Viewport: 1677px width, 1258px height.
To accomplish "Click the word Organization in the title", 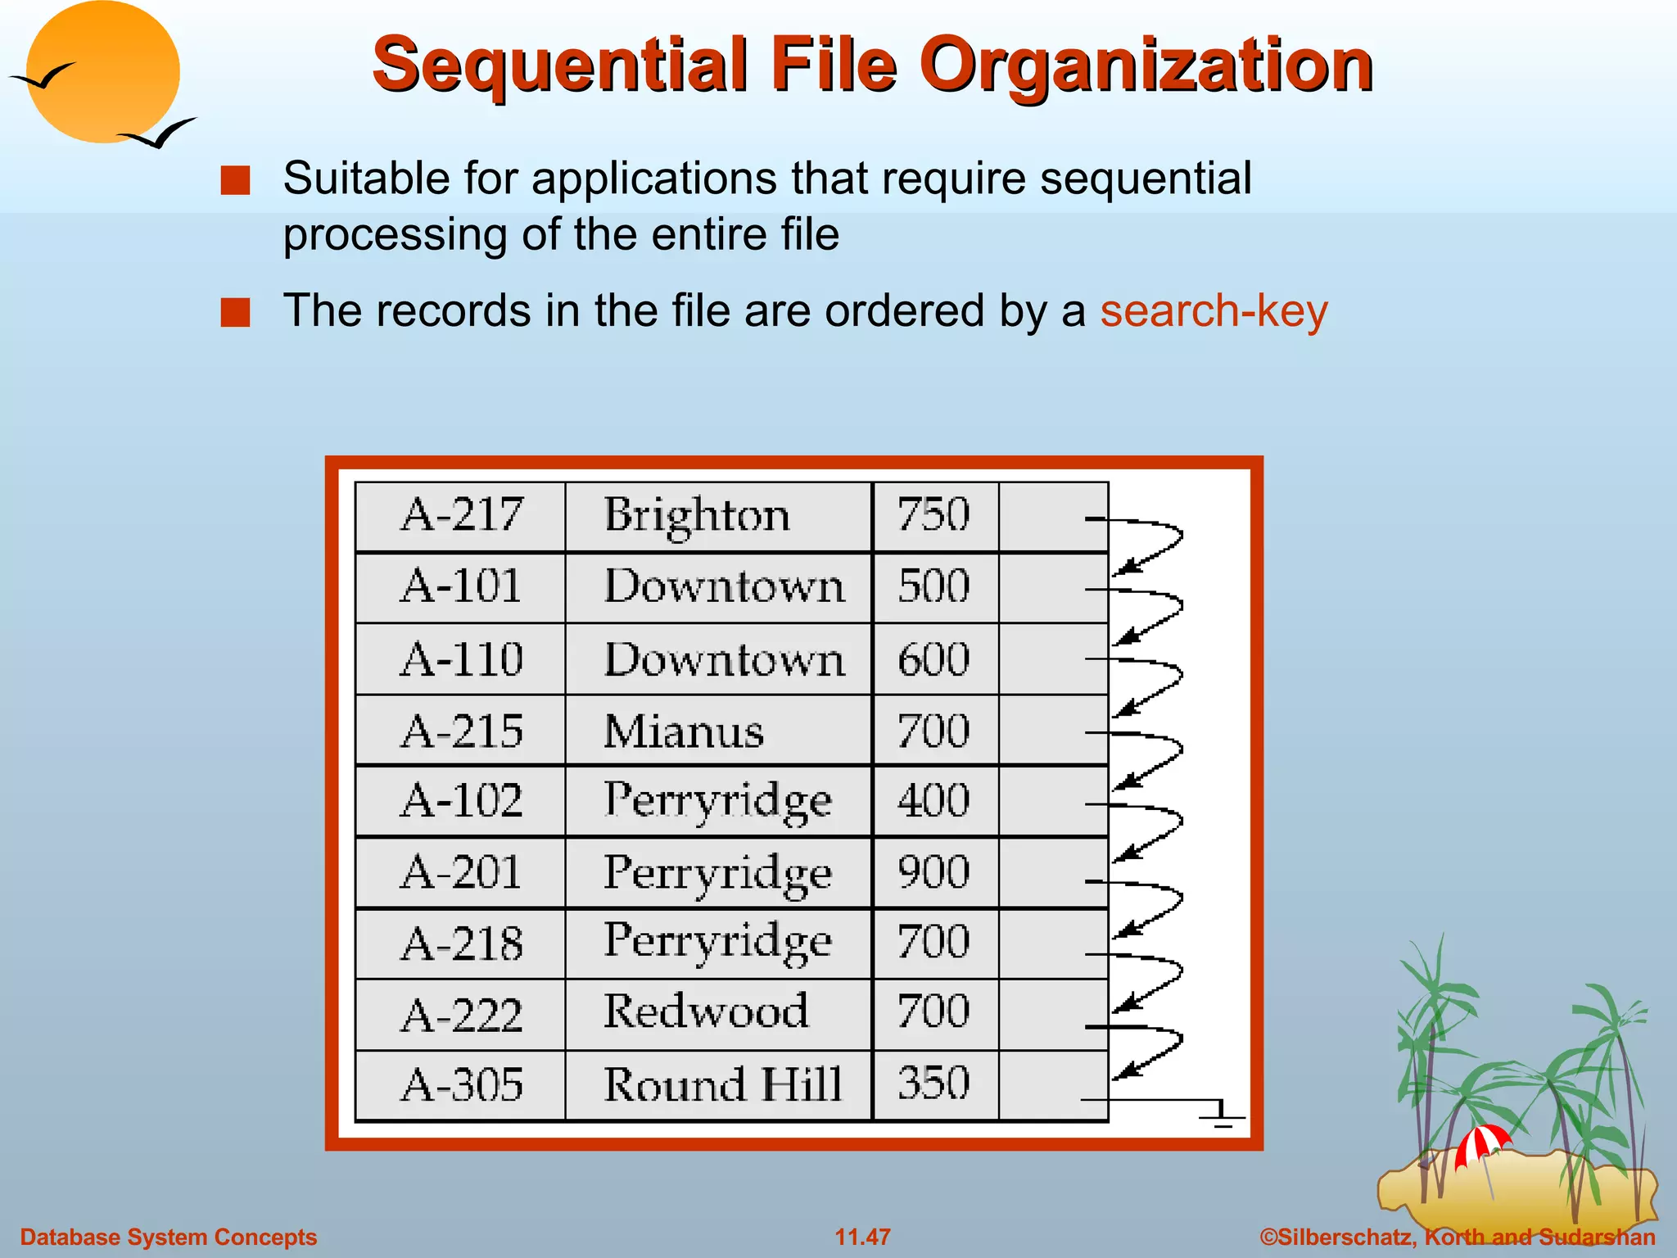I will [x=1146, y=66].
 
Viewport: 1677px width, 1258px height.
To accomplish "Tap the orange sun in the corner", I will [x=102, y=72].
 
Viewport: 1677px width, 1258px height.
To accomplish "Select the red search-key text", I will [x=1213, y=311].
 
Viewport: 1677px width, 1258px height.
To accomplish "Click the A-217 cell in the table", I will [x=461, y=515].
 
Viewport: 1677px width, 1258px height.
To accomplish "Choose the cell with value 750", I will [x=934, y=515].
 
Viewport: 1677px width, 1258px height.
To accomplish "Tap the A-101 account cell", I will [x=461, y=586].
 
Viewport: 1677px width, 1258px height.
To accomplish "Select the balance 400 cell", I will [x=934, y=800].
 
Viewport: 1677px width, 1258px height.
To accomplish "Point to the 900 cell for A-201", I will [x=934, y=871].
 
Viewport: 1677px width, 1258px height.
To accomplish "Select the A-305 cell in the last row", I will [x=461, y=1084].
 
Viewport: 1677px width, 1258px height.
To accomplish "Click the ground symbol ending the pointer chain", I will [x=1223, y=1115].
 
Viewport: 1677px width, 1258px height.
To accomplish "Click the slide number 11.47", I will [x=862, y=1237].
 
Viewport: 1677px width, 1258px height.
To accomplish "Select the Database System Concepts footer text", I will [x=169, y=1237].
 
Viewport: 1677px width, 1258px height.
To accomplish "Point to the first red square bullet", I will [x=236, y=180].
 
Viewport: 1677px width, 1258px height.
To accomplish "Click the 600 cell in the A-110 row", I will [x=934, y=659].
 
